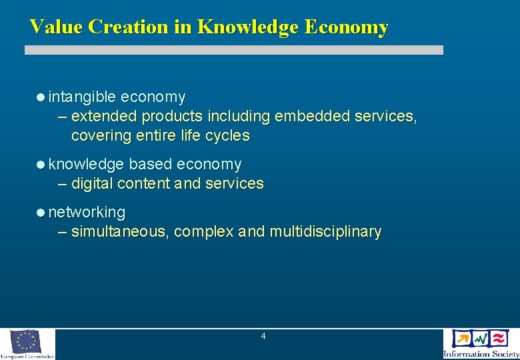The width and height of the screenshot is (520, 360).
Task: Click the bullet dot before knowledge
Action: tap(41, 165)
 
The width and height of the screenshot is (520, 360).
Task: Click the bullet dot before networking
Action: tap(41, 213)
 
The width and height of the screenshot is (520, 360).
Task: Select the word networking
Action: tap(87, 213)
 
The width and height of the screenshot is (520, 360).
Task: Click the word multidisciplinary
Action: tap(325, 232)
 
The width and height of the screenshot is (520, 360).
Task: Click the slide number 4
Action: tap(263, 337)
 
